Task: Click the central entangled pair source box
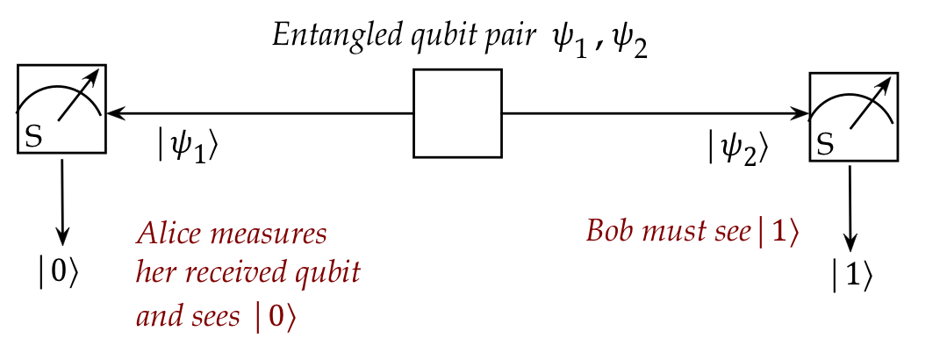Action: (457, 113)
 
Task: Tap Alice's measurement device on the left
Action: (61, 108)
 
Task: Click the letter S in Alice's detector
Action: (33, 136)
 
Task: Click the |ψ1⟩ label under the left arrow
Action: (187, 146)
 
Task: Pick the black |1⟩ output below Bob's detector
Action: (852, 277)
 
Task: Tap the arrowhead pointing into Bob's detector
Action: (801, 112)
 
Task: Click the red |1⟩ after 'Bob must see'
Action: (778, 232)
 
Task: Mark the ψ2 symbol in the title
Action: (629, 41)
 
